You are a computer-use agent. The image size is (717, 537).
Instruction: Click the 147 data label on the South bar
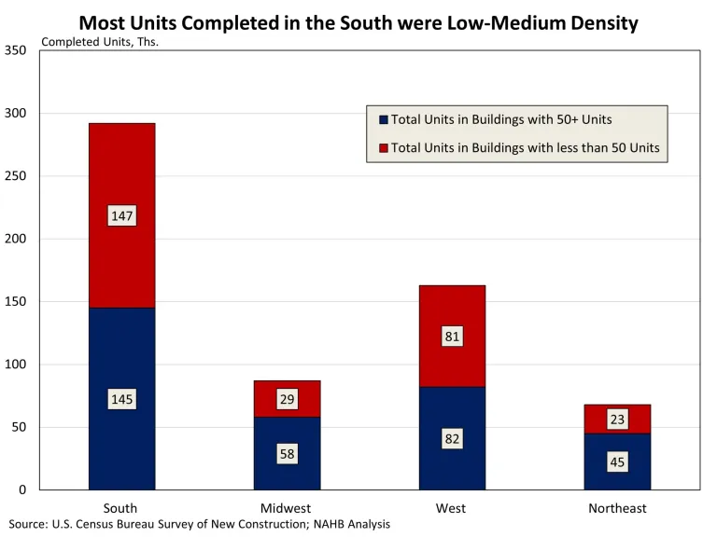click(122, 216)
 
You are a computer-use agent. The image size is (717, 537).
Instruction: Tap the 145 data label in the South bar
click(122, 399)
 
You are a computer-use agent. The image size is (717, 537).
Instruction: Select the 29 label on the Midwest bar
click(287, 399)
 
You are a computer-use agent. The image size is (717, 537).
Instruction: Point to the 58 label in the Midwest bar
click(287, 455)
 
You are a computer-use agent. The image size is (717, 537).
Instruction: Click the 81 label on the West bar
click(452, 337)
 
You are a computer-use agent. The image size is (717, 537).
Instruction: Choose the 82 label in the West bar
click(452, 439)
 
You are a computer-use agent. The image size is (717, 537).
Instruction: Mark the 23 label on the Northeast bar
click(617, 420)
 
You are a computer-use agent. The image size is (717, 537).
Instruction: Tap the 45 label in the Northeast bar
click(617, 461)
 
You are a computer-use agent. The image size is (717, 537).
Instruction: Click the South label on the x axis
click(121, 508)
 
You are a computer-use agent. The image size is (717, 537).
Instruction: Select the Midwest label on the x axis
click(287, 508)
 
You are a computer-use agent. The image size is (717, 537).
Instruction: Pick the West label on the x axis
click(451, 508)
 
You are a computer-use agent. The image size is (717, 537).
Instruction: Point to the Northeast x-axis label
click(617, 508)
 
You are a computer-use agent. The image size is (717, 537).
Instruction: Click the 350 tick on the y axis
click(16, 50)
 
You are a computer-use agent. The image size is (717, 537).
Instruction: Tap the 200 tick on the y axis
click(16, 239)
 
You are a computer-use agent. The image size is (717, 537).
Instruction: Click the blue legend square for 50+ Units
click(383, 119)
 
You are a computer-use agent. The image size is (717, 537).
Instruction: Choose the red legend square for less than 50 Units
click(383, 147)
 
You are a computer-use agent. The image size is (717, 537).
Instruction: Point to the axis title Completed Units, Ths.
click(101, 42)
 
